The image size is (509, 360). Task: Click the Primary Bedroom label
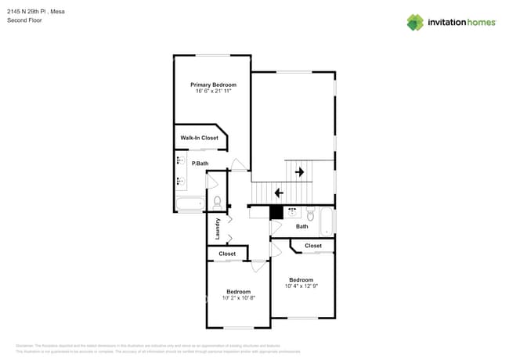pyautogui.click(x=213, y=85)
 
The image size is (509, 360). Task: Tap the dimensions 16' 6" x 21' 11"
pyautogui.click(x=213, y=92)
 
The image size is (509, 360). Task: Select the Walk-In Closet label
pyautogui.click(x=199, y=138)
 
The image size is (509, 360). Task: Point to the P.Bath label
pyautogui.click(x=200, y=163)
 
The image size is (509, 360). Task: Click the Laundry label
pyautogui.click(x=218, y=227)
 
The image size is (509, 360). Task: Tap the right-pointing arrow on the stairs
pyautogui.click(x=298, y=171)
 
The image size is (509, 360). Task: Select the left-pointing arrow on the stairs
pyautogui.click(x=278, y=193)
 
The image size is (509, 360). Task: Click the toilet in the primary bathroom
pyautogui.click(x=217, y=203)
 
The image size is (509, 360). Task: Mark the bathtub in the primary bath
pyautogui.click(x=190, y=205)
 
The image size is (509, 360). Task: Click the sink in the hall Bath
pyautogui.click(x=291, y=211)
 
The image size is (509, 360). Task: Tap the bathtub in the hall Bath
pyautogui.click(x=327, y=221)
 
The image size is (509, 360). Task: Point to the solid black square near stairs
pyautogui.click(x=276, y=211)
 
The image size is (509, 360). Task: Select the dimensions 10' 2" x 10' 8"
pyautogui.click(x=239, y=298)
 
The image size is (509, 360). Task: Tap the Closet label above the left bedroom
pyautogui.click(x=227, y=254)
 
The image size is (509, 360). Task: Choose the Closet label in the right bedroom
pyautogui.click(x=313, y=246)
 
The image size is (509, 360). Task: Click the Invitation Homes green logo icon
pyautogui.click(x=415, y=22)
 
